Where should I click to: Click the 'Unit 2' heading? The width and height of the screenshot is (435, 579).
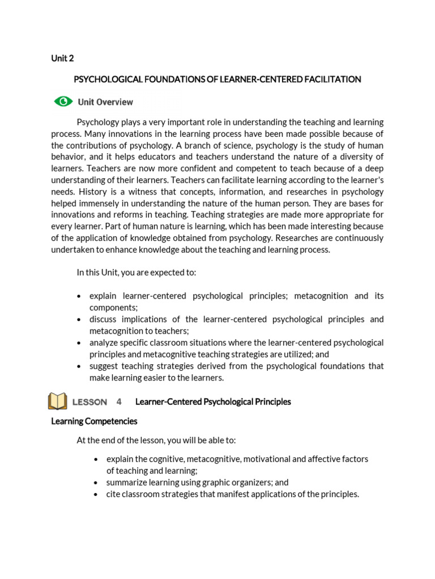click(62, 58)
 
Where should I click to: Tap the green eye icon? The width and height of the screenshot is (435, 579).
click(63, 102)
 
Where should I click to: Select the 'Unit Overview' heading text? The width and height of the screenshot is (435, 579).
click(105, 102)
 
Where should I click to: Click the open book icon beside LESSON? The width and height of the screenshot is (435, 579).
click(58, 401)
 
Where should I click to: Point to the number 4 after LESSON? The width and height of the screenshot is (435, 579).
click(119, 402)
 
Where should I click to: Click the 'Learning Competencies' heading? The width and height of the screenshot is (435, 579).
click(94, 421)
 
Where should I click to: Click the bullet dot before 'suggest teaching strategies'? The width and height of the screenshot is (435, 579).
click(79, 366)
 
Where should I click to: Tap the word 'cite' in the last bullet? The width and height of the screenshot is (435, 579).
click(113, 494)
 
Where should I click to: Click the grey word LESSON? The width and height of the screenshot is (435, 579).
click(89, 402)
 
